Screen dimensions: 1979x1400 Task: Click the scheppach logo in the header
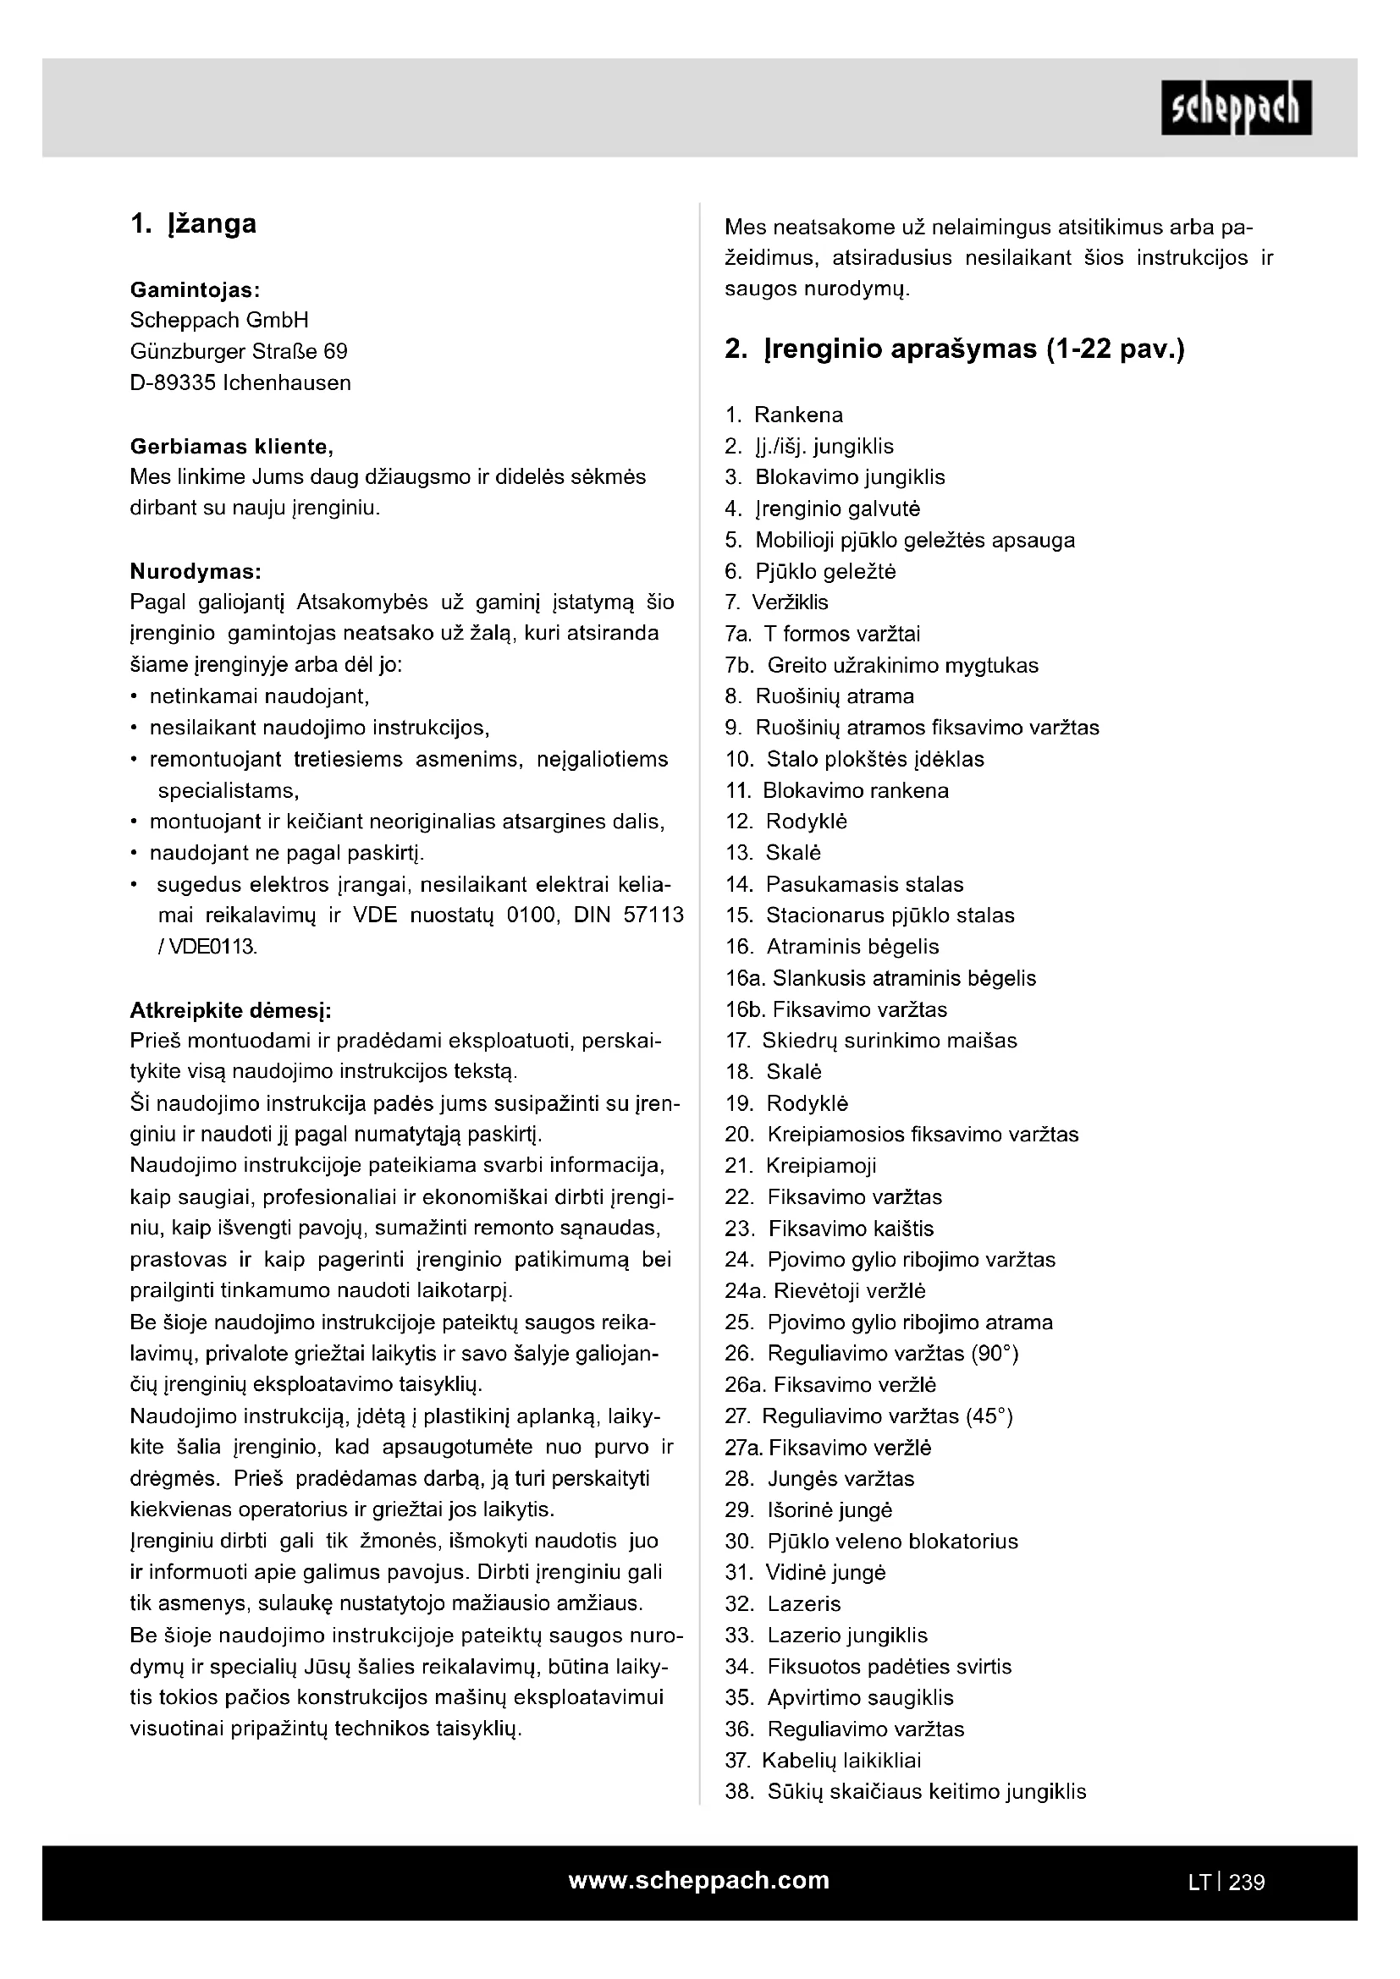(1235, 107)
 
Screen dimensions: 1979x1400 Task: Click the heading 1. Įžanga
(193, 224)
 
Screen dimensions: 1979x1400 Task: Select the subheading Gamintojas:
(195, 289)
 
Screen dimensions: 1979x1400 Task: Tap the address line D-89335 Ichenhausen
(240, 382)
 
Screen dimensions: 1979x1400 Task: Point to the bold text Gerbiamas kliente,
(231, 447)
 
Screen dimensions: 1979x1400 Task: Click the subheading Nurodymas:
(195, 571)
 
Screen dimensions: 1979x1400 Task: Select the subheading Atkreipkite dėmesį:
(230, 1009)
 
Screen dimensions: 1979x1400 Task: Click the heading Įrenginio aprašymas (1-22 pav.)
(954, 349)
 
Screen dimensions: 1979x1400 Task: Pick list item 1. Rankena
(784, 415)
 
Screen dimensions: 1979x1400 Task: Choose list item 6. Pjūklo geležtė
(810, 571)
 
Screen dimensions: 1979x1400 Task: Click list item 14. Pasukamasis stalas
(844, 884)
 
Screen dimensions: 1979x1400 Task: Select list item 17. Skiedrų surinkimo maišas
(871, 1041)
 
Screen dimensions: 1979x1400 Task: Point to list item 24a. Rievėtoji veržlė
(825, 1290)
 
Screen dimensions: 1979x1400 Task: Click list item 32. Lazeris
(783, 1603)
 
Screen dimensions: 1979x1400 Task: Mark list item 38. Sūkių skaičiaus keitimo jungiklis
(905, 1791)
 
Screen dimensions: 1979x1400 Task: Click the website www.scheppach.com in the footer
(698, 1880)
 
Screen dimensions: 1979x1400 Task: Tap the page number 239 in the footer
(1247, 1882)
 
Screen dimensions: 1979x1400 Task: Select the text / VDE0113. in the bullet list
(207, 947)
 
